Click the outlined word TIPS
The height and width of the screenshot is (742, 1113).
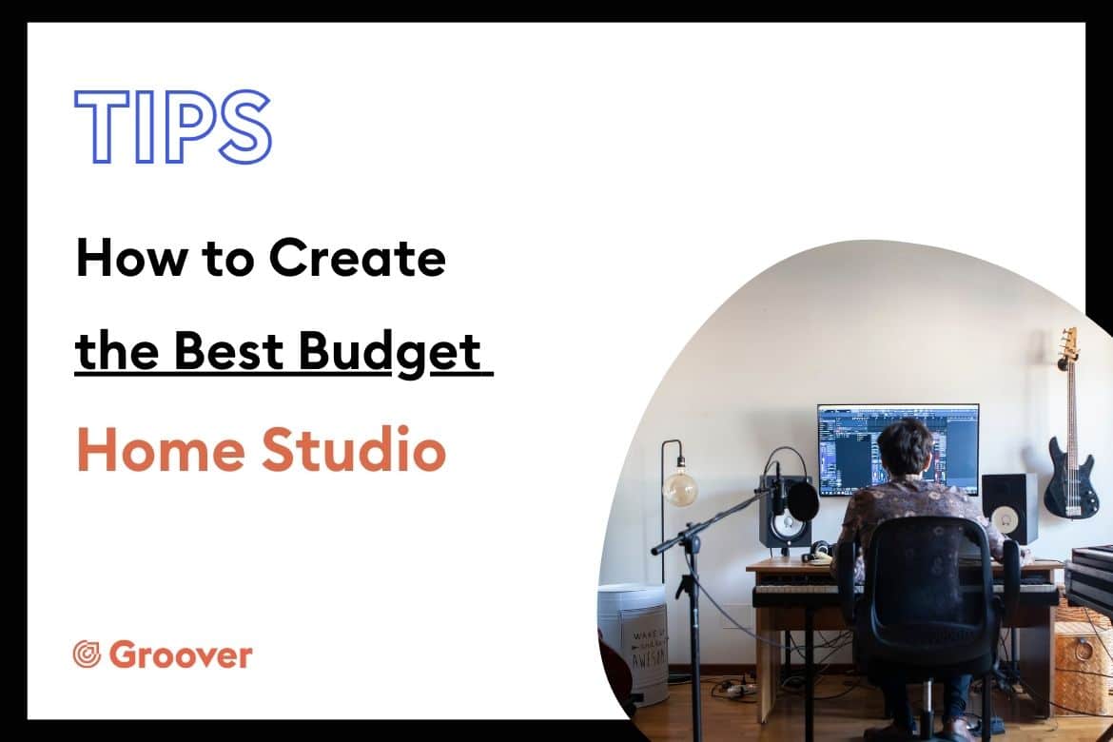click(x=172, y=127)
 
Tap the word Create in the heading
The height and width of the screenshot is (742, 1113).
click(x=357, y=258)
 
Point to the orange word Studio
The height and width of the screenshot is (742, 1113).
click(x=354, y=449)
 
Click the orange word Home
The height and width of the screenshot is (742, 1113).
click(x=161, y=449)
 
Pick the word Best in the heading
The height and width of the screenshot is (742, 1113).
click(x=229, y=350)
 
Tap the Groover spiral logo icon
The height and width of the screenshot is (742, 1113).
click(x=87, y=654)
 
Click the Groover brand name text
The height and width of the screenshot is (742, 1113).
click(x=181, y=654)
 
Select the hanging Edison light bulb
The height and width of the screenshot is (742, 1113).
click(x=679, y=486)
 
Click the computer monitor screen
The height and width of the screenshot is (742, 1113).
click(x=898, y=449)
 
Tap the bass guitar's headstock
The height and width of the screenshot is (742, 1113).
click(x=1068, y=347)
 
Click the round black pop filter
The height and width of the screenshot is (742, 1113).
click(x=803, y=500)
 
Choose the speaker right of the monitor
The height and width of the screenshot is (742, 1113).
click(x=1008, y=508)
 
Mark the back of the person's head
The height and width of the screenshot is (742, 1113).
click(x=904, y=447)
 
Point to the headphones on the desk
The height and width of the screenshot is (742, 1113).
click(x=819, y=551)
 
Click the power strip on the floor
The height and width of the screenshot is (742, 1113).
click(x=737, y=688)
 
